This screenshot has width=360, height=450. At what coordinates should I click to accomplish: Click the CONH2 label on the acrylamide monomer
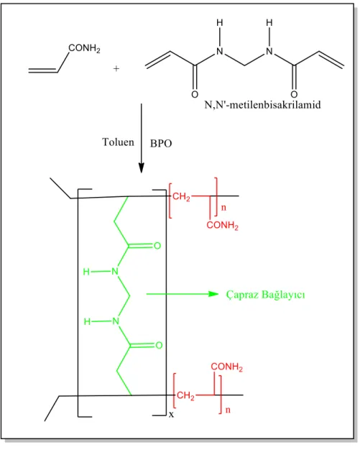pos(84,48)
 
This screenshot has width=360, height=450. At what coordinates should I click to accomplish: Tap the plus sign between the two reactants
pos(116,68)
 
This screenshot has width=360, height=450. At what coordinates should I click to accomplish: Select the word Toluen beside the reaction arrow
pos(118,142)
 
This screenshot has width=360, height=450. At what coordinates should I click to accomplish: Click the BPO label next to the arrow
pos(161,143)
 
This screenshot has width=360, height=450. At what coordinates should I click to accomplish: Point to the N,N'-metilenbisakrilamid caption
pos(262,105)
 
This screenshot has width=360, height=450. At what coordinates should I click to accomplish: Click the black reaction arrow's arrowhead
pos(141,168)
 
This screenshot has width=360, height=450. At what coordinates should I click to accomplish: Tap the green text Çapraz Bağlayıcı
pos(265,295)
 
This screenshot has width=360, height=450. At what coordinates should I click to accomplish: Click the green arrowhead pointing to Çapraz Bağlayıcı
pos(213,294)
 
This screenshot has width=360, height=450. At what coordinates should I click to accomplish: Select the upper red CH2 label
pos(181,197)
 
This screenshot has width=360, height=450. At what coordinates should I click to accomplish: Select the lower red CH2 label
pos(185,396)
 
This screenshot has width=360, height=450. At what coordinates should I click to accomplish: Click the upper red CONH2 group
pos(223,225)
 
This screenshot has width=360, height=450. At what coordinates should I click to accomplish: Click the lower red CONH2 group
pos(226,367)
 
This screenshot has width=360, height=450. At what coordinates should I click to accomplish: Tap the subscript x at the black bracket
pos(171,415)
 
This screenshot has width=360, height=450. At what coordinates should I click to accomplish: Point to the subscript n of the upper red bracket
pos(223,207)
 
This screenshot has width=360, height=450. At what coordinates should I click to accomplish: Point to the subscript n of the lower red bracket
pos(228,410)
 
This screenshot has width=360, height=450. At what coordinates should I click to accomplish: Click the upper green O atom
pos(157,246)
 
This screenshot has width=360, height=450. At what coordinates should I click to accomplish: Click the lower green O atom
pos(159,345)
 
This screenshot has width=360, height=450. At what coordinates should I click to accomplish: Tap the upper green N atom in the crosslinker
pos(115,271)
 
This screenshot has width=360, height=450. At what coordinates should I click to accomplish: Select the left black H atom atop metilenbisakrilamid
pos(220,23)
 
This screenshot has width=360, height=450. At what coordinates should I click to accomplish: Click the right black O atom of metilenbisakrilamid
pos(294,94)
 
